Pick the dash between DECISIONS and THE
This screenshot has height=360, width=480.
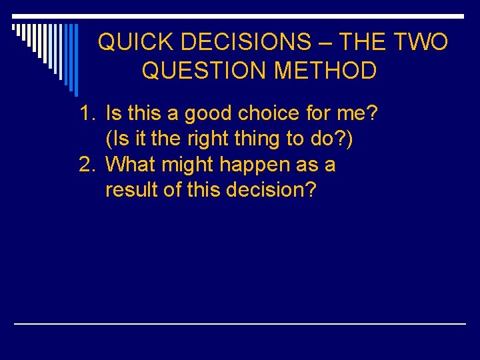click(325, 43)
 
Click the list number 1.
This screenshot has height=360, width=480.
click(88, 114)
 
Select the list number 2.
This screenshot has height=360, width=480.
click(88, 165)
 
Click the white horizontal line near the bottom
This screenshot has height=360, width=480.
click(240, 323)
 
